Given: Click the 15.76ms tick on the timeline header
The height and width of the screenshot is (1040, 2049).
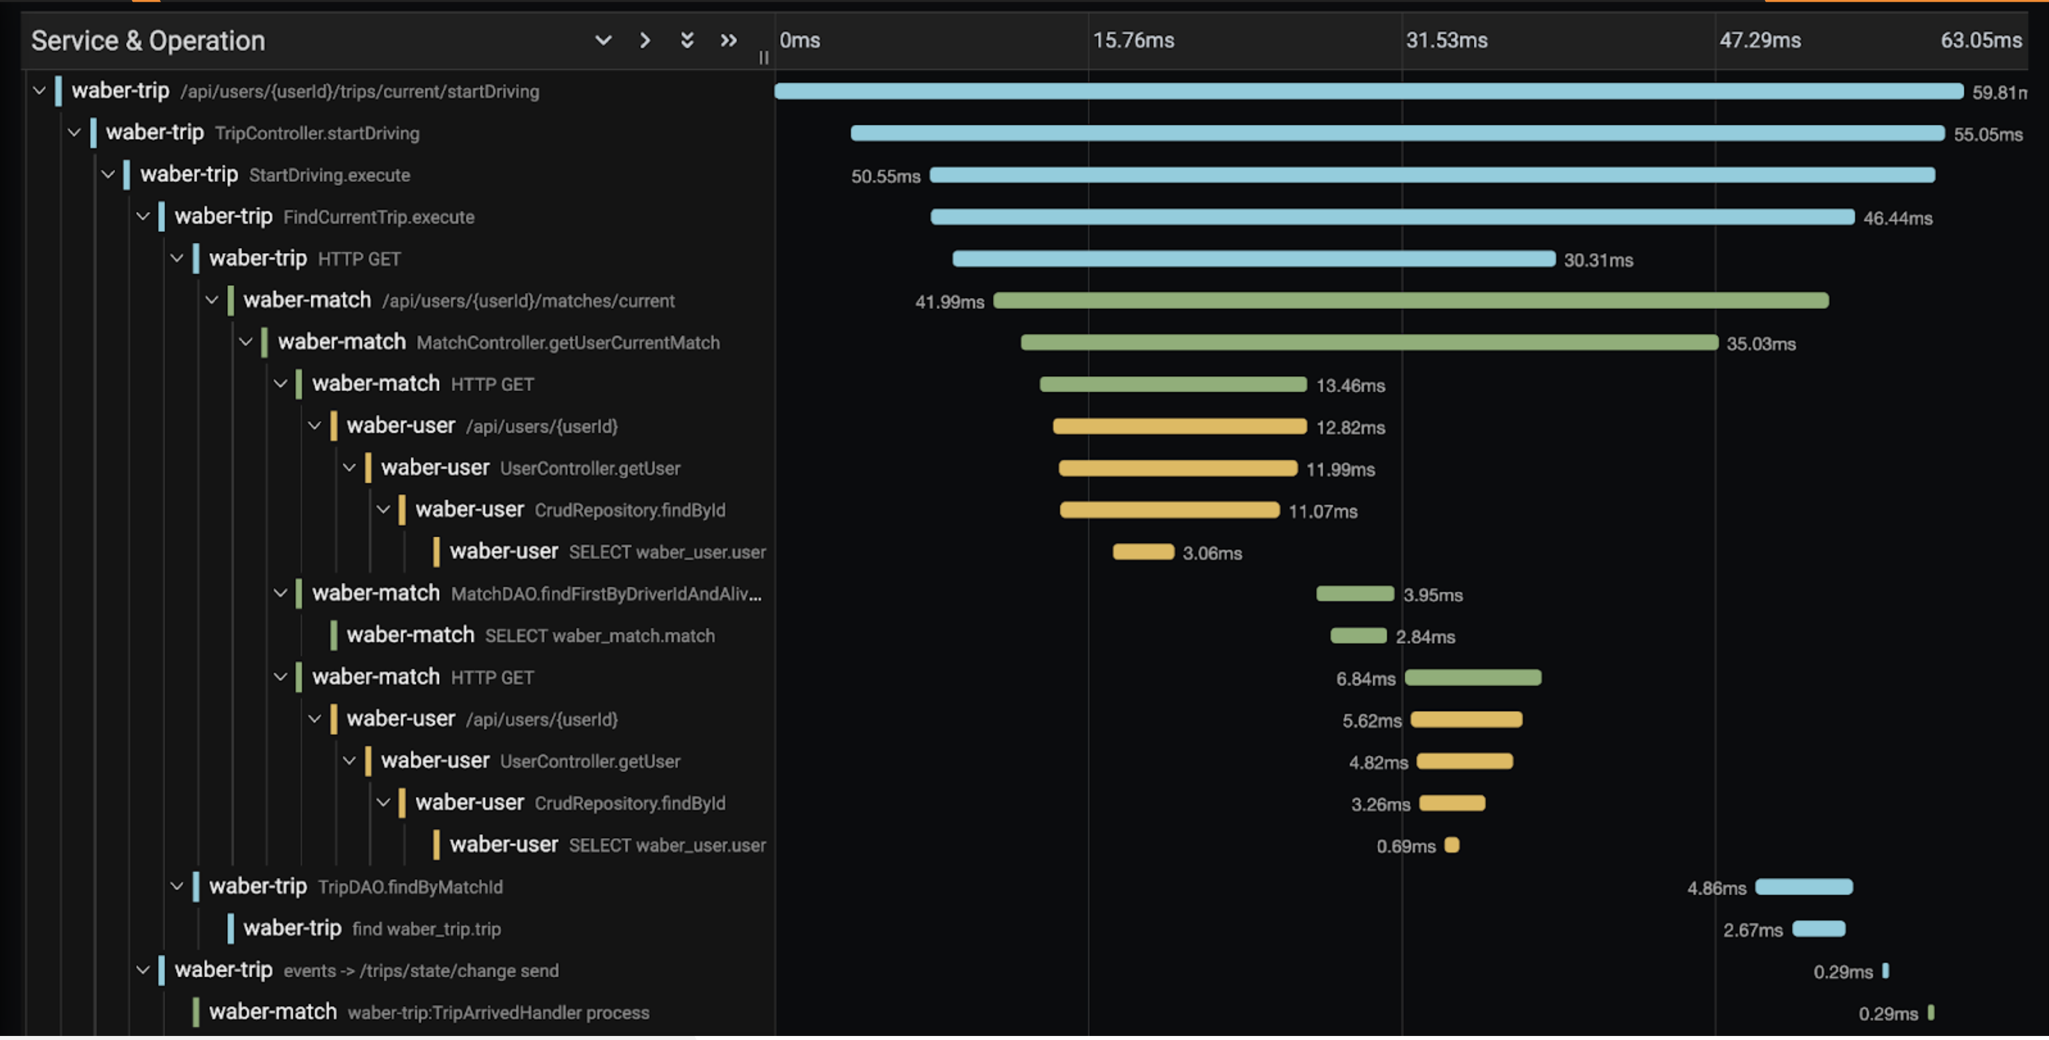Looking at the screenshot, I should tap(1133, 40).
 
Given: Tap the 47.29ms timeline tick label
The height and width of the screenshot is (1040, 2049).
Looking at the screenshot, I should tap(1760, 40).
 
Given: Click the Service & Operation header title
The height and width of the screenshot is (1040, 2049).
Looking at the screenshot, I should tap(148, 40).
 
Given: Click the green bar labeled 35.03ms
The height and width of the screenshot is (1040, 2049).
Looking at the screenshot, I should tap(1369, 343).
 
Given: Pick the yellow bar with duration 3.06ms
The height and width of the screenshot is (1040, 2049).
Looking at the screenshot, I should tap(1143, 552).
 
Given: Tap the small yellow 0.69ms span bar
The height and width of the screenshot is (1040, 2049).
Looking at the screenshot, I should tap(1452, 845).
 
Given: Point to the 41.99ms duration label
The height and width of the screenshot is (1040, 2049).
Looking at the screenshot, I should tap(949, 302).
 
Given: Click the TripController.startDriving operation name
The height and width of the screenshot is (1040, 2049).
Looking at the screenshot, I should tap(316, 133).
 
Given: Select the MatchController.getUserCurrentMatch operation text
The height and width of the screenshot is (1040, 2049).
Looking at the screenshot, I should tap(568, 343).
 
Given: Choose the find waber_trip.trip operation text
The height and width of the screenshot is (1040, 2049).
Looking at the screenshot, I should tap(426, 928).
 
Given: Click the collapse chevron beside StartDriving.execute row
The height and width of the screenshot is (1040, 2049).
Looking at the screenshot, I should tap(108, 175).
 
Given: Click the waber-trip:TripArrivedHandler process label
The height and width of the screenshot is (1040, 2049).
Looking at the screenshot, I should tap(499, 1013).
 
